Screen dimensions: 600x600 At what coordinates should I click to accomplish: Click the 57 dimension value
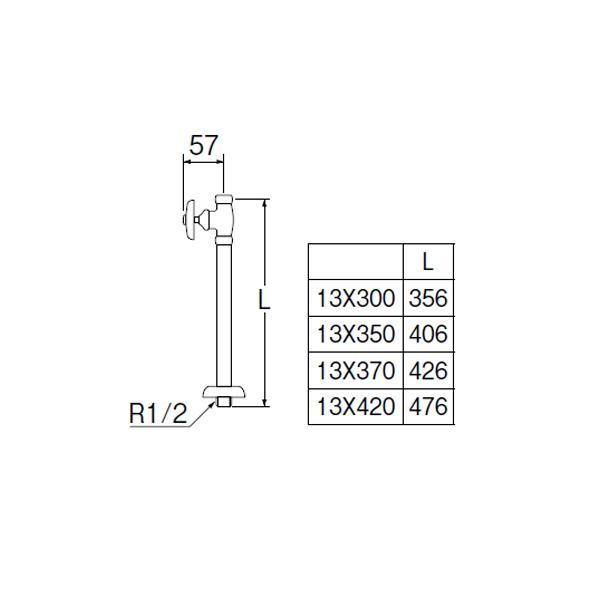204,146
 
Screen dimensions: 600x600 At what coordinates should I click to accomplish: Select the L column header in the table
428,262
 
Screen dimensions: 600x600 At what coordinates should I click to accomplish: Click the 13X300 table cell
357,298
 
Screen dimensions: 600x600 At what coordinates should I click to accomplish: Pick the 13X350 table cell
357,334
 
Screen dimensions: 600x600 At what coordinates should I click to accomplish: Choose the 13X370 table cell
357,371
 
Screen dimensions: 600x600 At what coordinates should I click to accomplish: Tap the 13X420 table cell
357,407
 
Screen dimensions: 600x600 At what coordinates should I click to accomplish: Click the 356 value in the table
428,298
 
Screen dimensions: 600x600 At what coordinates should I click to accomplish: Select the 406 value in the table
428,334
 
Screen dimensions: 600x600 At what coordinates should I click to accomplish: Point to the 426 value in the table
428,371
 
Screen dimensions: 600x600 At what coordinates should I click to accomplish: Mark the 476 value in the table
428,407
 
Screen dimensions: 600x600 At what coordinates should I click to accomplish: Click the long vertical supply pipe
222,310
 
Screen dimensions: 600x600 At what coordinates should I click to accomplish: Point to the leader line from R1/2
201,412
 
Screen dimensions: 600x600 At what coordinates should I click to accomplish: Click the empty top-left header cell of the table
357,262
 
